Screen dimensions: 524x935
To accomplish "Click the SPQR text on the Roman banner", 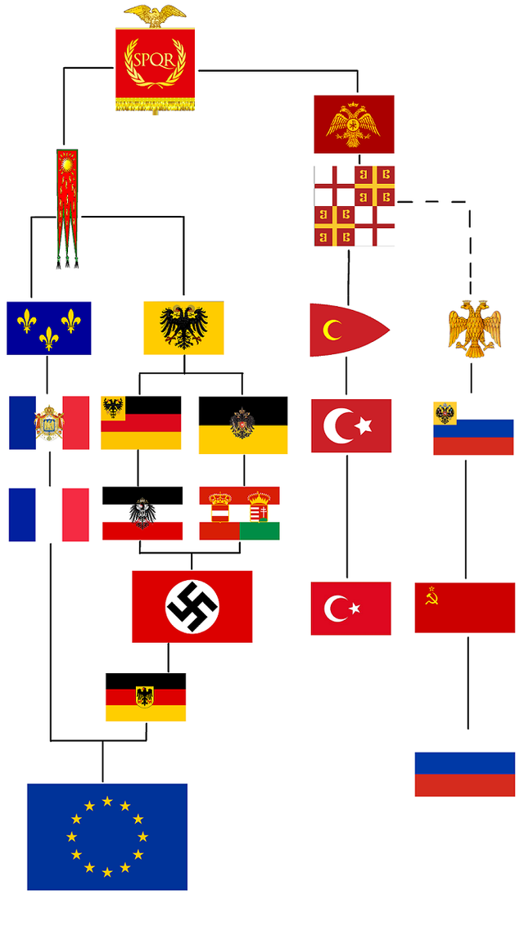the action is tap(156, 61).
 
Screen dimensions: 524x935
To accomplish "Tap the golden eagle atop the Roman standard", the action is tap(156, 15).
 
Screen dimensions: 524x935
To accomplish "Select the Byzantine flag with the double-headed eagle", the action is tap(354, 124).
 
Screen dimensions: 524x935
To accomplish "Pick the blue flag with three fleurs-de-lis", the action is tap(49, 328).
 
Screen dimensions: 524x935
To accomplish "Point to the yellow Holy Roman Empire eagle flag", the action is tap(184, 328).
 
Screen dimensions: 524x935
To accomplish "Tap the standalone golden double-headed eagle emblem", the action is tap(474, 329).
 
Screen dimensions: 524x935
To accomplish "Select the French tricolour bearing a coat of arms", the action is tap(49, 422).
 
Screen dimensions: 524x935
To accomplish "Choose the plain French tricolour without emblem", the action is tap(49, 515).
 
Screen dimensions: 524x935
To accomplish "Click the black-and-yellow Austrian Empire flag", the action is tap(243, 425).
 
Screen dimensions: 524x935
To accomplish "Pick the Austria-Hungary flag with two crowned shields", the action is tap(239, 514).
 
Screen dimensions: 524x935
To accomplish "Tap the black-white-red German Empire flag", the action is tap(142, 514).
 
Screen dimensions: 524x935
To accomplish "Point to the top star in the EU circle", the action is tap(107, 801).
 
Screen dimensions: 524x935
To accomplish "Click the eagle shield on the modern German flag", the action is tap(144, 696).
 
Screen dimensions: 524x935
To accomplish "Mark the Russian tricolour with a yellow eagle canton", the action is tap(473, 428).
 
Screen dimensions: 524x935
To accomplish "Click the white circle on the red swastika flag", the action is tap(192, 607).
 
